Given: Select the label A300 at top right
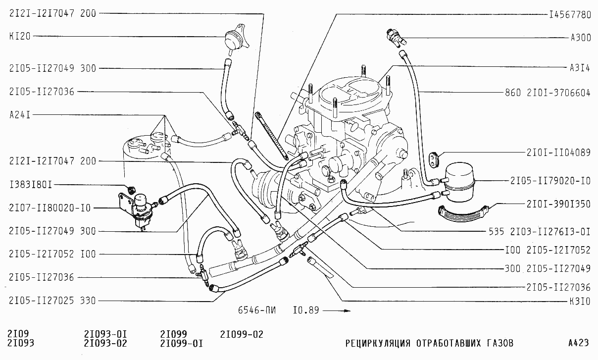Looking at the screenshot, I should click(580, 37).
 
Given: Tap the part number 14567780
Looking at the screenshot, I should click(570, 15).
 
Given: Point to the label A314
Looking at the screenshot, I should click(580, 68).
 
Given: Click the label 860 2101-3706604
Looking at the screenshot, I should click(548, 92).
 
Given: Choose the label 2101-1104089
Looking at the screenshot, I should click(559, 153).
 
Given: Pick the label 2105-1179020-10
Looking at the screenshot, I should click(550, 181).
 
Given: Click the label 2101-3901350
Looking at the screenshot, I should click(559, 204).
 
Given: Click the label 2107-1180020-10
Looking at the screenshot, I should click(50, 208).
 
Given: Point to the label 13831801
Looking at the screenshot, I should click(31, 185).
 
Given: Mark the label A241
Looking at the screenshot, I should click(20, 115).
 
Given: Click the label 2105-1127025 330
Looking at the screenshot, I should click(52, 301).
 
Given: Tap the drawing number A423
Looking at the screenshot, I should click(578, 343).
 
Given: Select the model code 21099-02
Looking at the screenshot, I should click(242, 335).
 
